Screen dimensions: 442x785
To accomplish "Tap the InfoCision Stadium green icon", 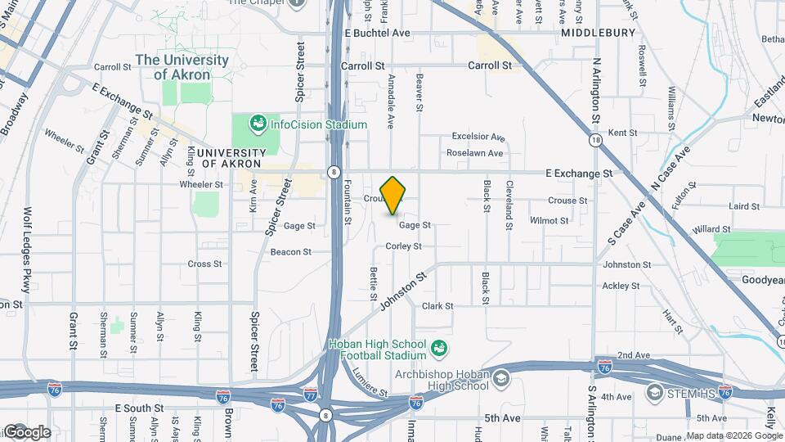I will click(x=258, y=124).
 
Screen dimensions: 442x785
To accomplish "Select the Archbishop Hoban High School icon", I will click(x=500, y=379).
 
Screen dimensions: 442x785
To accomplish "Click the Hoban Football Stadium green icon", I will click(x=439, y=350).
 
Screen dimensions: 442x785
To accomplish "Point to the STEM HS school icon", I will click(x=654, y=393).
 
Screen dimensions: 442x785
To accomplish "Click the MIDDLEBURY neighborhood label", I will click(x=599, y=33).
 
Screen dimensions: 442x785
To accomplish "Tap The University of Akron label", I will click(x=182, y=67).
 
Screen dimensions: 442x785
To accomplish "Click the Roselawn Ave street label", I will click(x=475, y=153).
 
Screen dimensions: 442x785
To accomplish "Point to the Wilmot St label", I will click(x=549, y=221).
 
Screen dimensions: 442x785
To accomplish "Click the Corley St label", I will click(x=404, y=246).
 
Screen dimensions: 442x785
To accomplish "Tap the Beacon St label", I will click(x=291, y=252).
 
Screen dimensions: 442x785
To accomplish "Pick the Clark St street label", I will click(x=437, y=306).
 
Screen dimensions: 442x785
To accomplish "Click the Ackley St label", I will click(x=621, y=286).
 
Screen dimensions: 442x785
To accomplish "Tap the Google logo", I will click(x=26, y=432).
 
